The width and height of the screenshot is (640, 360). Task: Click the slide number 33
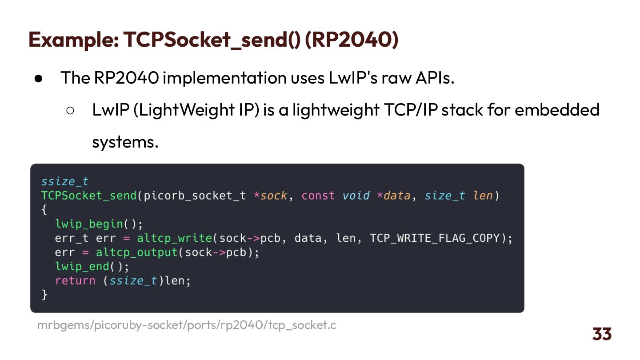click(x=602, y=334)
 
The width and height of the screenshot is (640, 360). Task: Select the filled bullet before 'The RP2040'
click(x=38, y=78)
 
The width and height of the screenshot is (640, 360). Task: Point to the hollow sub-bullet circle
click(x=70, y=110)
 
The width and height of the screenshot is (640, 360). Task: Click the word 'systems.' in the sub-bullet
click(x=125, y=143)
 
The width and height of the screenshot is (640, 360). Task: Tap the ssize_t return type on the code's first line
click(x=65, y=181)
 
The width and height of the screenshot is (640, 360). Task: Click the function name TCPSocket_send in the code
click(x=89, y=196)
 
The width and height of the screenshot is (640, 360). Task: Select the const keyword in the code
click(x=318, y=196)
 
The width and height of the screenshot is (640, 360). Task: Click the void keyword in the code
click(x=356, y=196)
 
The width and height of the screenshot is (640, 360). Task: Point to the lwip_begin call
click(x=89, y=224)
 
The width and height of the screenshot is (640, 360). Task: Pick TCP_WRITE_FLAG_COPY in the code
click(x=435, y=238)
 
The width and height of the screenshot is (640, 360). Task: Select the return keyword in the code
click(x=75, y=280)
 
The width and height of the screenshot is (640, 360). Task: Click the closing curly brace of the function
click(x=44, y=294)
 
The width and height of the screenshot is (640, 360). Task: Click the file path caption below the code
click(x=187, y=325)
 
